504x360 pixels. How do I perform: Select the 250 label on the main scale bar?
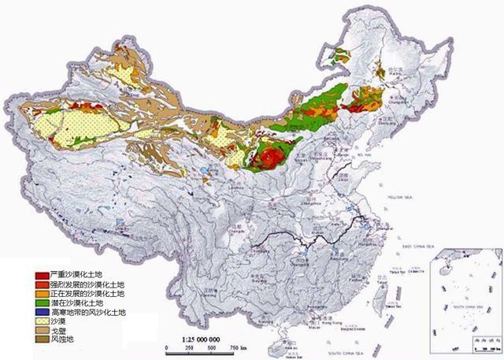point(189,347)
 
